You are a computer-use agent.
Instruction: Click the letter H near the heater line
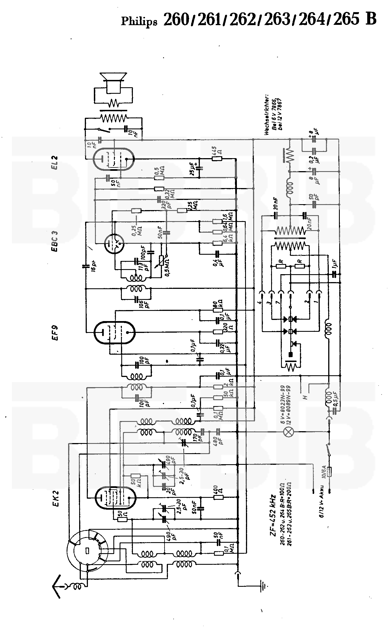[305, 398]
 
